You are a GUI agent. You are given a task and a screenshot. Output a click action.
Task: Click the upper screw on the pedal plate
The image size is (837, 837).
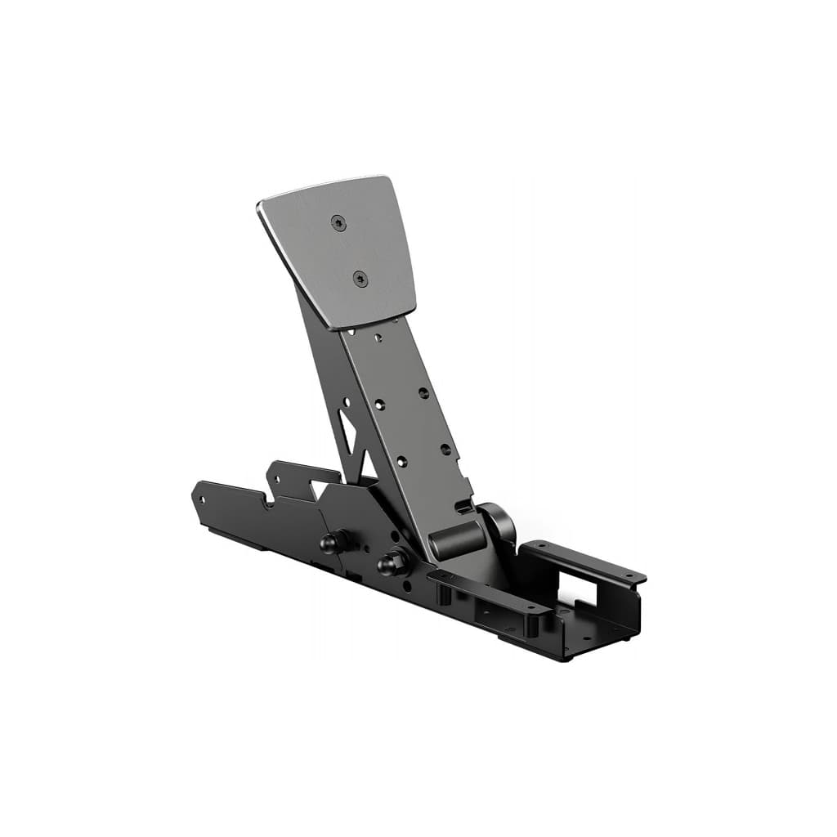pos(337,222)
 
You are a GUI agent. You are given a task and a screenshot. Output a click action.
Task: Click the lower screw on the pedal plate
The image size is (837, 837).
pos(360,280)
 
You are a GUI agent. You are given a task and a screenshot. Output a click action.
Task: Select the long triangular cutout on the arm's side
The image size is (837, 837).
pos(351,429)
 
